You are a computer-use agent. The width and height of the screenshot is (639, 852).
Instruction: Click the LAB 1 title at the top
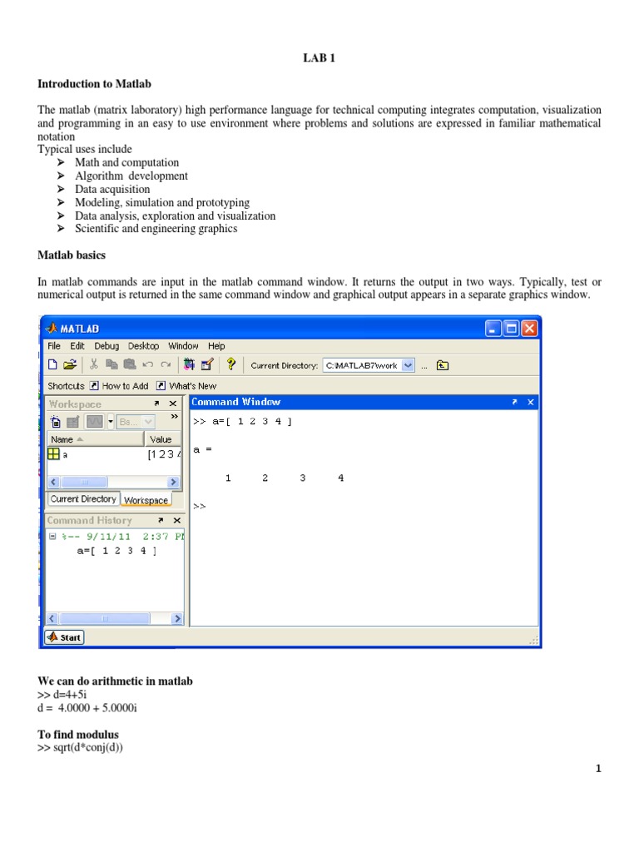tap(319, 57)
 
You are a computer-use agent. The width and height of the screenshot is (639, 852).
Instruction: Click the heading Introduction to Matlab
tap(94, 84)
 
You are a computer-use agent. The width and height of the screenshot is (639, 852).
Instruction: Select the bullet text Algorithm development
tap(131, 176)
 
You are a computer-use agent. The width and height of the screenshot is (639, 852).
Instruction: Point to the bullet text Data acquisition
tap(112, 189)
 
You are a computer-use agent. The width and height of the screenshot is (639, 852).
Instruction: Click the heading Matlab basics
tap(71, 255)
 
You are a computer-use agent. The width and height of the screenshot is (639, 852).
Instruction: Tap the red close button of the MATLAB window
tap(530, 329)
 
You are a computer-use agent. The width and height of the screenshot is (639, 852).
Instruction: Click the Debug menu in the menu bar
tap(106, 346)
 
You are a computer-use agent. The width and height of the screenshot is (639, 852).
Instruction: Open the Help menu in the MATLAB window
tap(216, 346)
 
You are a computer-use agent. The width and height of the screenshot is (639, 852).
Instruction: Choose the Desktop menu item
tap(144, 346)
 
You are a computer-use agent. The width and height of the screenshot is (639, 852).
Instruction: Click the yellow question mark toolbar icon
tap(231, 364)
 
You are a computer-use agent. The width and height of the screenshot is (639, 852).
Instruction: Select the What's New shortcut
tap(192, 386)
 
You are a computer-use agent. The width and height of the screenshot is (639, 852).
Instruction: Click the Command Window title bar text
tap(236, 402)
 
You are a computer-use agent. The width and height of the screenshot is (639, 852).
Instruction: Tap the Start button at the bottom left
tap(64, 637)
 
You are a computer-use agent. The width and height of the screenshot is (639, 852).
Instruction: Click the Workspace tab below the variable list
tap(146, 500)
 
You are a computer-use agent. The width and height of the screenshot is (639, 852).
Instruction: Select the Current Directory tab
tap(83, 499)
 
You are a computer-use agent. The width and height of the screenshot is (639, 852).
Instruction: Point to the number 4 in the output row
tap(341, 478)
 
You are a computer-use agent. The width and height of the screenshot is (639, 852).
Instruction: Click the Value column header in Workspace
tap(161, 439)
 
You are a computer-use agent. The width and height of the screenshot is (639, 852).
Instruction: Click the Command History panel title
tap(89, 520)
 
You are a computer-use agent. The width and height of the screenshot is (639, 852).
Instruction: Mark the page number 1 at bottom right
tap(597, 769)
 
